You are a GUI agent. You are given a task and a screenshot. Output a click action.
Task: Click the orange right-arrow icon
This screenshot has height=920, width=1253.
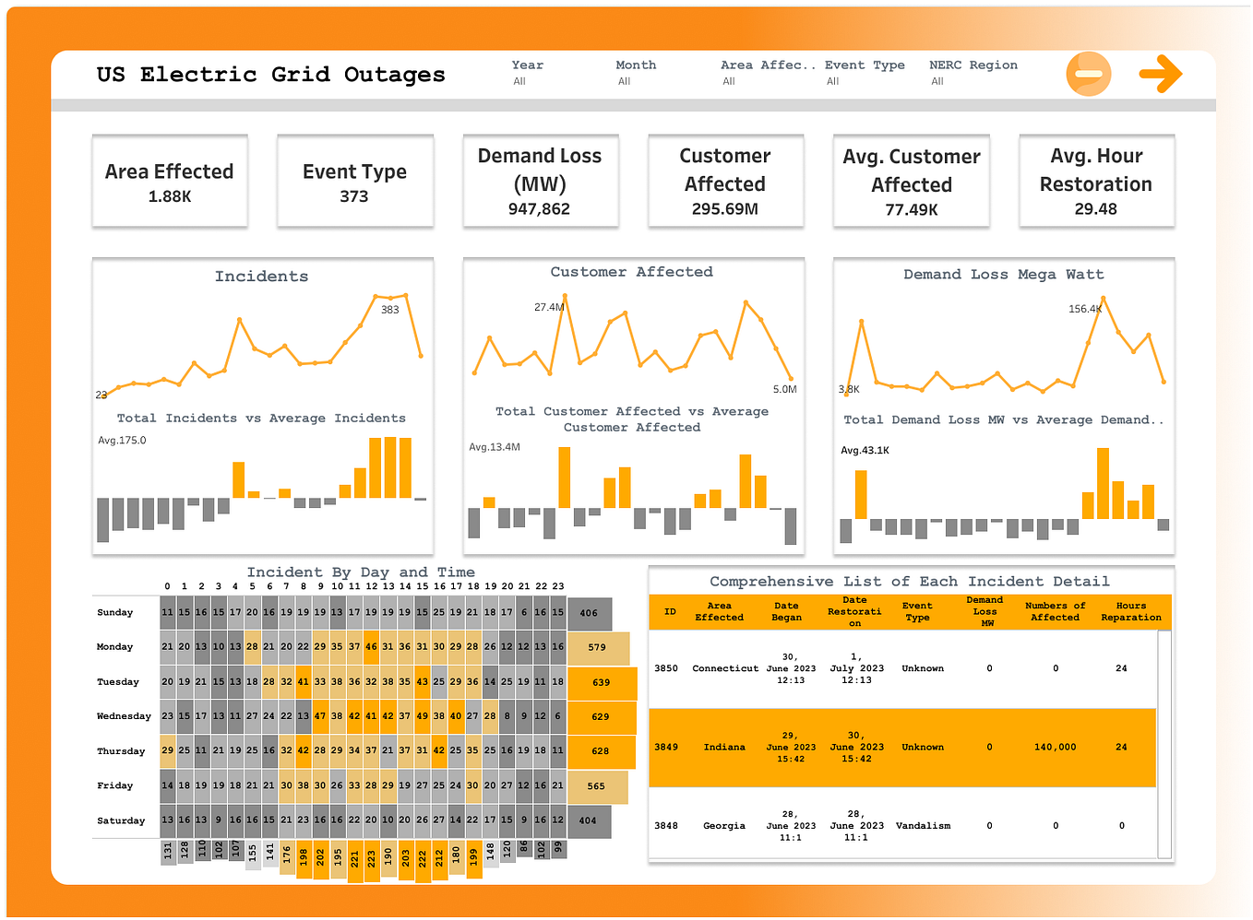coord(1161,74)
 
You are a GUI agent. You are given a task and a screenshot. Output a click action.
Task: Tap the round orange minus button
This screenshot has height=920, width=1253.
coord(1089,74)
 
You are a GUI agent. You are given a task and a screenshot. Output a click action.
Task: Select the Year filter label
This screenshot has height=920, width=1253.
coord(528,65)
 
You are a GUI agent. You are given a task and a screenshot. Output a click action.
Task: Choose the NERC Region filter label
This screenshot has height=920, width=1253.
coord(973,65)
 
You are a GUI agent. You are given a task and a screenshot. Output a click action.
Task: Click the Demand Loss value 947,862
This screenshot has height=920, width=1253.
coord(539,209)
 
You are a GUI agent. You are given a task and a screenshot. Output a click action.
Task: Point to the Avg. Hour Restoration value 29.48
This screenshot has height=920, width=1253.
coord(1095,209)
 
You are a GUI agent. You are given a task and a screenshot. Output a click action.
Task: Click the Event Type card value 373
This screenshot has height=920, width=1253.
coord(354,196)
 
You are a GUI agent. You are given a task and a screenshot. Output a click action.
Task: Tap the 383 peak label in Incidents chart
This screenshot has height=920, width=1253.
coord(390,310)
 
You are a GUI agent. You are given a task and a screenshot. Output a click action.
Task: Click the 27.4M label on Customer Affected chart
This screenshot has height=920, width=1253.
coord(548,307)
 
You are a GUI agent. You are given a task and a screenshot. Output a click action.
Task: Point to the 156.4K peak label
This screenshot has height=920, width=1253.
coord(1084,309)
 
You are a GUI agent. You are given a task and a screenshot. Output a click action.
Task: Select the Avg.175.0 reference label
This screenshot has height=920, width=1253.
coord(122,441)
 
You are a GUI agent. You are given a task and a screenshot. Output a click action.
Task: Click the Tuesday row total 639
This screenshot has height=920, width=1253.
coord(601,683)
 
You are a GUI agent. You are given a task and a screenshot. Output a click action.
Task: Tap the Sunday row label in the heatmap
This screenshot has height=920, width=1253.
coord(115,613)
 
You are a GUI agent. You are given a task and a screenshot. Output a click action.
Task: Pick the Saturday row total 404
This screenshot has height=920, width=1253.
coord(588,820)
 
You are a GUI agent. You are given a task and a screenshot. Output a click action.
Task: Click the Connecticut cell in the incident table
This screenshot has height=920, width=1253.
coord(725,668)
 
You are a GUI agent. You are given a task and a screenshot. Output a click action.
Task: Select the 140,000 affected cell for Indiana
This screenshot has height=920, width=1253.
coord(1055,748)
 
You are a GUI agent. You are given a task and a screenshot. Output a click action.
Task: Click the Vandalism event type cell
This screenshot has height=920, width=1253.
coord(923,826)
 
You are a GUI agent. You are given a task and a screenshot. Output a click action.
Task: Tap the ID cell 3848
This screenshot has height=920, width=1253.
coord(666,826)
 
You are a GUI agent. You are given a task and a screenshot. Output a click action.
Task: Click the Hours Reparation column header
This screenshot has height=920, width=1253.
coord(1130,612)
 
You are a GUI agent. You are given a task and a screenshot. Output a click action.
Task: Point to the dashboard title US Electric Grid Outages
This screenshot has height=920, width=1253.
coord(271,75)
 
